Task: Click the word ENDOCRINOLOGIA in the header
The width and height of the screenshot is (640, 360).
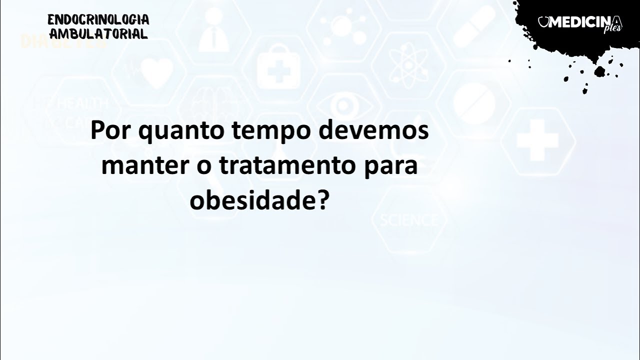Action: pos(98,20)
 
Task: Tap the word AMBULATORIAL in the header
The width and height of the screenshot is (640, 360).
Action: pos(98,34)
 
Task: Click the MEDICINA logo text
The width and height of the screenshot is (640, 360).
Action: pos(581,22)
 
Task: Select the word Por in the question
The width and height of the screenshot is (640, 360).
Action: pos(110,131)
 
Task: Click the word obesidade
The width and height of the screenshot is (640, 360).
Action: pos(252,201)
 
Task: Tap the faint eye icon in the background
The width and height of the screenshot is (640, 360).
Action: pos(344,105)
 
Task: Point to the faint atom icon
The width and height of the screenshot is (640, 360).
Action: pos(406,67)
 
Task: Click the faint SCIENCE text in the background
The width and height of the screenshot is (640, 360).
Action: pos(408,220)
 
